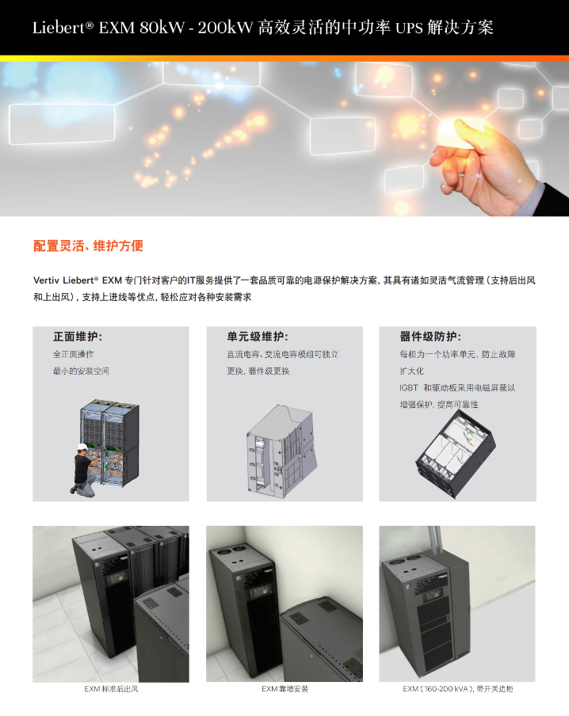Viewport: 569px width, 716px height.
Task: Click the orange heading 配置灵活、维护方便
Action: coord(88,246)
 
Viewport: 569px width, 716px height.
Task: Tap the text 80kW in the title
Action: coord(162,28)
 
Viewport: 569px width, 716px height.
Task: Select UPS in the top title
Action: coord(409,29)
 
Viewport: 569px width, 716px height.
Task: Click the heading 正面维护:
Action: coord(78,337)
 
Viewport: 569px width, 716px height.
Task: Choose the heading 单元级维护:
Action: coord(258,337)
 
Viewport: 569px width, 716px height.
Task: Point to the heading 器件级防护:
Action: coord(430,337)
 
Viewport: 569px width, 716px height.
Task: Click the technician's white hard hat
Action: coord(82,447)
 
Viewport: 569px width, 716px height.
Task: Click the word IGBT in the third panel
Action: coord(409,387)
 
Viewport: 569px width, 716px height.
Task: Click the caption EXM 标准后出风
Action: coord(111,688)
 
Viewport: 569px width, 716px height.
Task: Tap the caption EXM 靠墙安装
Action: coord(284,688)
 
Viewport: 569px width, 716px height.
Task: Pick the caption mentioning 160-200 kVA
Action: coord(457,688)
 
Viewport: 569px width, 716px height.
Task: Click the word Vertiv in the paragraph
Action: coord(46,280)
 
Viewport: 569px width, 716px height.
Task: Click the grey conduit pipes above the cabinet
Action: coord(434,544)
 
